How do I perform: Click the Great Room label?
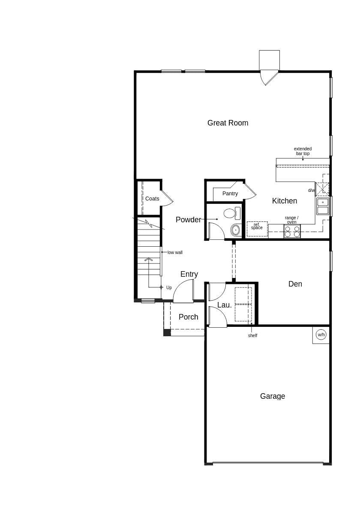point(228,123)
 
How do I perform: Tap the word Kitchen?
point(285,201)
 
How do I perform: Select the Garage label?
point(273,396)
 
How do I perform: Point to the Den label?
point(295,284)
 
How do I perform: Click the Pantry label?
point(230,194)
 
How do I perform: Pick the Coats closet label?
point(152,199)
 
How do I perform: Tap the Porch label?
point(189,317)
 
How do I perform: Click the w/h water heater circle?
point(321,335)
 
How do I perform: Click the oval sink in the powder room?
point(236,230)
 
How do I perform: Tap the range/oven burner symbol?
point(292,231)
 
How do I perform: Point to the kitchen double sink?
point(323,206)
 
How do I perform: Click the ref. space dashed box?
point(257,229)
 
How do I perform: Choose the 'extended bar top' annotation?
point(303,151)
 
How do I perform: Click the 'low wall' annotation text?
point(175,252)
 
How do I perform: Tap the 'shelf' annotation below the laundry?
point(253,336)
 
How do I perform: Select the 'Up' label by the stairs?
point(169,288)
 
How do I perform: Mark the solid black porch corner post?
point(167,332)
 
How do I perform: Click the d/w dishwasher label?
point(311,191)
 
